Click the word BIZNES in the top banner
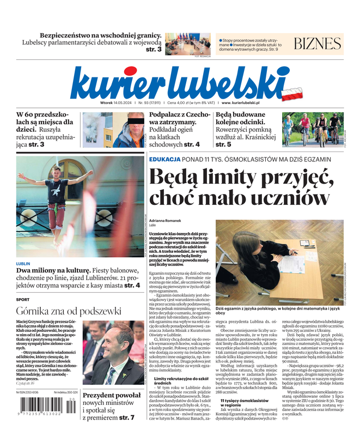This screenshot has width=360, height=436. [318, 44]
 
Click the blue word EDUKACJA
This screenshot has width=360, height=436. [164, 159]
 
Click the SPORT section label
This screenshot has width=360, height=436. [23, 300]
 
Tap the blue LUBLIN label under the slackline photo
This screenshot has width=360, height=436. [23, 264]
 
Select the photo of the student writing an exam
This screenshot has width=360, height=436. [280, 262]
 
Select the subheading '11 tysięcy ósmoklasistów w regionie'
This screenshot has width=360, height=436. [237, 403]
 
